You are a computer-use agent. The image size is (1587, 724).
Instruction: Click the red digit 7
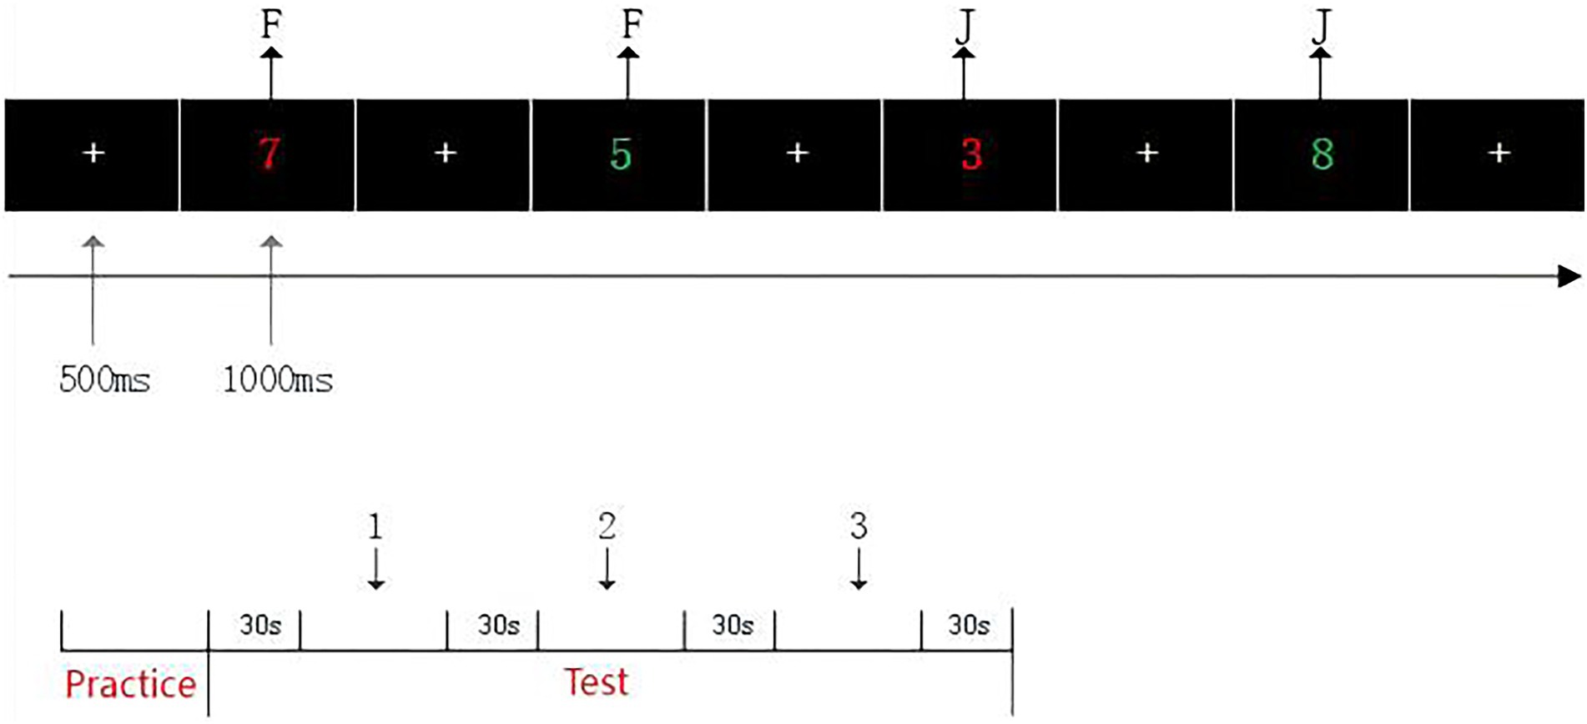click(x=269, y=153)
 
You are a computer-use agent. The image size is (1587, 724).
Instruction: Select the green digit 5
click(x=621, y=154)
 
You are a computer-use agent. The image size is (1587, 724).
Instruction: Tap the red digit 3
click(x=971, y=154)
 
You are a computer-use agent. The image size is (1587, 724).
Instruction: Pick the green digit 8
click(x=1322, y=154)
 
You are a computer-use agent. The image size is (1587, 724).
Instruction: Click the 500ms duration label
click(x=105, y=380)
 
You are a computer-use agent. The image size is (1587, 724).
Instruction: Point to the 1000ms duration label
click(x=278, y=380)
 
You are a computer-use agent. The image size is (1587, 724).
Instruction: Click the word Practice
click(x=130, y=685)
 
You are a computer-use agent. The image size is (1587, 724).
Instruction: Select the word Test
click(x=596, y=682)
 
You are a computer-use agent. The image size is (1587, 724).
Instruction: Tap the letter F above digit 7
click(x=270, y=25)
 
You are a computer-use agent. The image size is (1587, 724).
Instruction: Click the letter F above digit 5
click(x=632, y=25)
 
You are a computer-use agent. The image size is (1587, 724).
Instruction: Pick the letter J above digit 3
click(x=965, y=27)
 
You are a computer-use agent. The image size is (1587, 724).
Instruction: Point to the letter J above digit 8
click(x=1320, y=27)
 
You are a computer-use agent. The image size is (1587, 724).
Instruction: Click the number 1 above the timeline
click(x=375, y=527)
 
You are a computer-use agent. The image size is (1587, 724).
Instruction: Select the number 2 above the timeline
click(x=607, y=526)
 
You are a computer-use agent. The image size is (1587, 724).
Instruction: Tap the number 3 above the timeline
click(x=859, y=526)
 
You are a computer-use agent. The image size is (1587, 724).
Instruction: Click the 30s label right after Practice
click(x=260, y=625)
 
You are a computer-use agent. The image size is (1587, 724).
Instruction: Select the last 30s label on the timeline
click(x=969, y=625)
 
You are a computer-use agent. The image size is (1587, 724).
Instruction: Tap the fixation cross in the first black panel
click(x=93, y=153)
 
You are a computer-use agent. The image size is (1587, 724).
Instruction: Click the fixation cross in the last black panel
click(x=1499, y=153)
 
